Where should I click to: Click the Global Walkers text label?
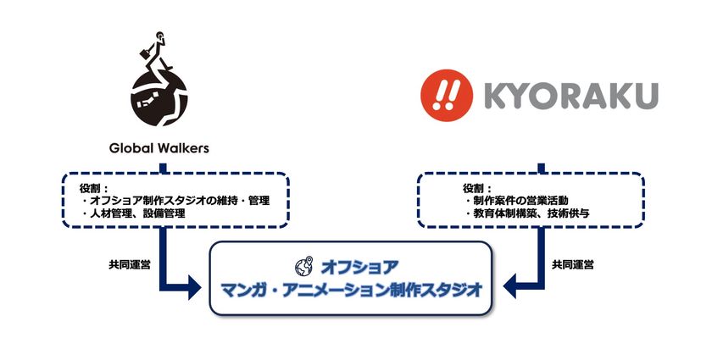(159, 148)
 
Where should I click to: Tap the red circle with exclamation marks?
(447, 96)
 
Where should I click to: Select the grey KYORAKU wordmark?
(571, 96)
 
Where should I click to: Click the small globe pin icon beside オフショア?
(303, 266)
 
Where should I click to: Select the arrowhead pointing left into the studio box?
(509, 287)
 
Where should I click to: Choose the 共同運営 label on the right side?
(573, 264)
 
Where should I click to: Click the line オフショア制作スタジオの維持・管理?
(175, 200)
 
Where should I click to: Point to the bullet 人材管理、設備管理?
(134, 213)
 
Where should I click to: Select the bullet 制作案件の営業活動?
(517, 200)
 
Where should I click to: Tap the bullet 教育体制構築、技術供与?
(527, 213)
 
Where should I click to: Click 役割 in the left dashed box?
(90, 188)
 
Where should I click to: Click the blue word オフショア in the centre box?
(359, 268)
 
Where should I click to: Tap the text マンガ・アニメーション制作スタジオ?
(351, 290)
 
